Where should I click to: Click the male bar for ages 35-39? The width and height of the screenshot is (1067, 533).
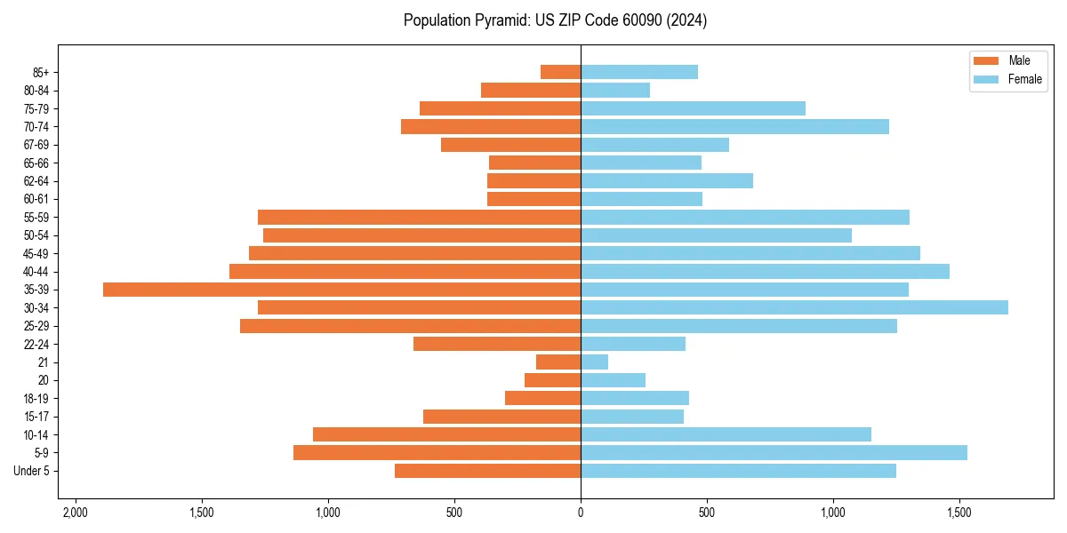[x=341, y=290]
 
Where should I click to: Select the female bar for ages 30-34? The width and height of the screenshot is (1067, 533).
[x=794, y=307]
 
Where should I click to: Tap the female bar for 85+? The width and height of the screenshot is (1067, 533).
[x=639, y=72]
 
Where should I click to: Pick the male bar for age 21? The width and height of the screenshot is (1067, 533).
[x=558, y=362]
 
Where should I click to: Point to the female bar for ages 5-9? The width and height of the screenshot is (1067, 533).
[x=774, y=453]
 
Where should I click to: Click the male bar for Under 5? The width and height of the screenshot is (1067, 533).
[x=487, y=471]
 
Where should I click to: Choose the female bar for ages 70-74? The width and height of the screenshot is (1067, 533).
[x=734, y=126]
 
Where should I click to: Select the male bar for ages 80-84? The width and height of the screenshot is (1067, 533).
[x=531, y=90]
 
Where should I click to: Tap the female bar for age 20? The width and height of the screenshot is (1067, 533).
[x=613, y=380]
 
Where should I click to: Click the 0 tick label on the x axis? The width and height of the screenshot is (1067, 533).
[x=581, y=513]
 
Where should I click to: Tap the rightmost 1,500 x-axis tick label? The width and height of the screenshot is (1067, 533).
[x=959, y=513]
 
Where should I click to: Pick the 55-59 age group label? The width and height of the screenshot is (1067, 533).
[x=36, y=217]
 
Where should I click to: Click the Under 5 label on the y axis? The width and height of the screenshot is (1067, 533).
[x=31, y=471]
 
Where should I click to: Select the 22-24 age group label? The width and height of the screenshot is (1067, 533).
[x=36, y=344]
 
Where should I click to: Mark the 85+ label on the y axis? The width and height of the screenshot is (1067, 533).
[x=40, y=72]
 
